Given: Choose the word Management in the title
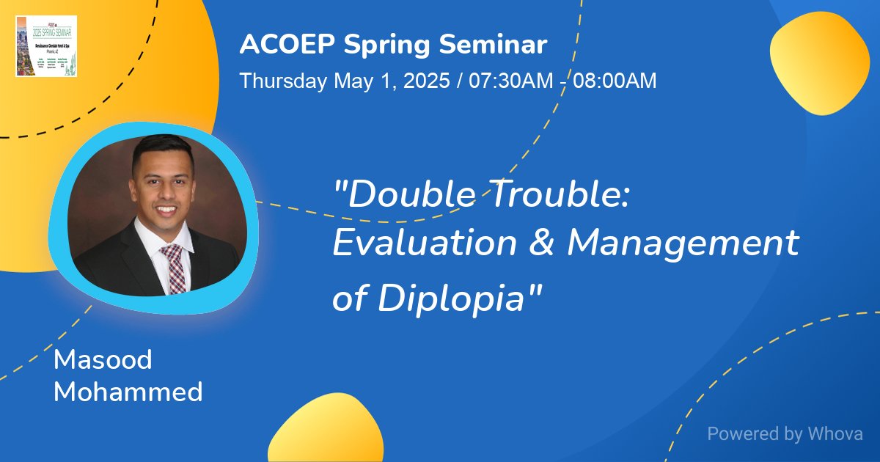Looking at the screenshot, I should [683, 244].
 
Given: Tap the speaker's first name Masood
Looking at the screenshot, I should [103, 360].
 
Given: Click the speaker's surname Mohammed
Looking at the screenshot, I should [128, 392].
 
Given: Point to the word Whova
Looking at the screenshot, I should [835, 433].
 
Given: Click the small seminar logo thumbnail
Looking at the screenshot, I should [46, 46].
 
